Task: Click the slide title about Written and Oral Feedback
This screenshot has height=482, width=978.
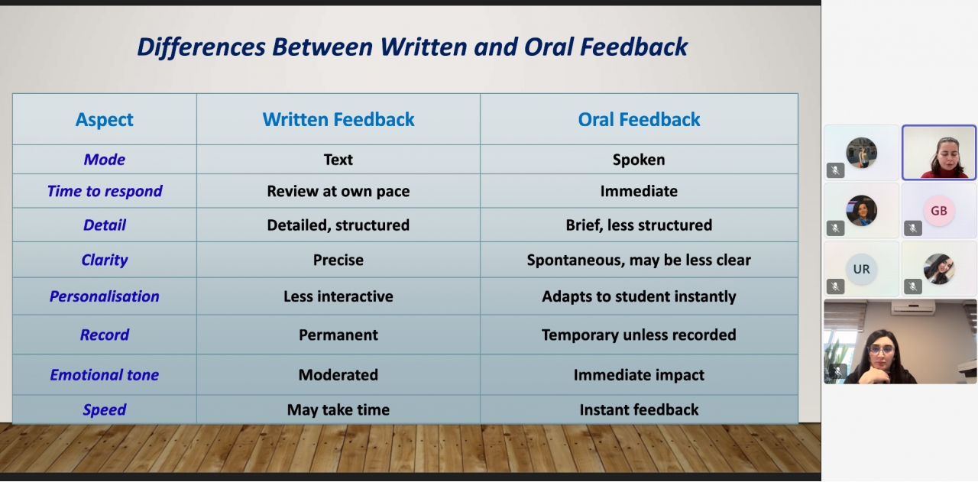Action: [x=412, y=47]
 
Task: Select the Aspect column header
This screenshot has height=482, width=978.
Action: [x=105, y=120]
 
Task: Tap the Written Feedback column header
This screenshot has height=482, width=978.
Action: [x=338, y=120]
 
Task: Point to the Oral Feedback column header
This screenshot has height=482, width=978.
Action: [x=639, y=120]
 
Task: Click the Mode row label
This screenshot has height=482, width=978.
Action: [x=105, y=160]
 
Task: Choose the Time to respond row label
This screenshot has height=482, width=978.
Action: [x=105, y=191]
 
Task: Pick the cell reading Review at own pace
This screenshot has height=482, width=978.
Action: [x=338, y=191]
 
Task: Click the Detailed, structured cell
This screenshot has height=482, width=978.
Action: [x=338, y=225]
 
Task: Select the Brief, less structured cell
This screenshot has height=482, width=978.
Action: [x=639, y=225]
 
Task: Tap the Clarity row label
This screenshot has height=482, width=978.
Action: [x=105, y=260]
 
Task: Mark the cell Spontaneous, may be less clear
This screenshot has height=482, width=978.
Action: [x=639, y=260]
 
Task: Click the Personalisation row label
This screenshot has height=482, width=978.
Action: [x=105, y=296]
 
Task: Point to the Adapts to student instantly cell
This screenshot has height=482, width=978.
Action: [x=639, y=296]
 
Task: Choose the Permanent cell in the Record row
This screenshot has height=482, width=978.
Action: [x=338, y=335]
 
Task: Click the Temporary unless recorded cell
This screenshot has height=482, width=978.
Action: [x=639, y=335]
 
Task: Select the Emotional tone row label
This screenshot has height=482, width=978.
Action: [x=105, y=375]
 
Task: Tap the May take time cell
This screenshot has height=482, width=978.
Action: [x=338, y=410]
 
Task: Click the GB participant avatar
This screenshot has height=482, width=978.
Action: [x=939, y=211]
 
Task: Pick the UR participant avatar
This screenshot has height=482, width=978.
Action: [x=861, y=270]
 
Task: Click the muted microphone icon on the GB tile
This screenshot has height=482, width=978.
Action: [x=913, y=228]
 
